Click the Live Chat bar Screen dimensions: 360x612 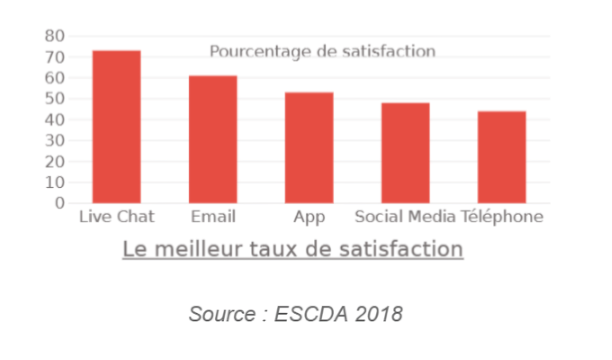coord(116,127)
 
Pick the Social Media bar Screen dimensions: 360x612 coord(405,153)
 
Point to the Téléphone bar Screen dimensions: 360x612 coord(501,157)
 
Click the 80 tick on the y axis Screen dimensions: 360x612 coord(55,36)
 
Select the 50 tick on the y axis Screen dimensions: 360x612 coord(55,99)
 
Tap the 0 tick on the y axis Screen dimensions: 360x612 coord(60,203)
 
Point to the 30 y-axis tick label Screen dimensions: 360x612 coord(55,141)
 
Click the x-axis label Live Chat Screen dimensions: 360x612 coord(116,217)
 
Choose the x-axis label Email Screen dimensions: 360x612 coord(213,217)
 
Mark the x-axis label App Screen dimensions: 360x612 coord(309,217)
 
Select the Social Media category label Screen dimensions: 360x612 coord(405,217)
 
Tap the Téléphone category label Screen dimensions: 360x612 coord(502,217)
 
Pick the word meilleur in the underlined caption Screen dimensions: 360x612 coord(194,249)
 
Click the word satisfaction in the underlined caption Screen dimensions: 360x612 coord(409,249)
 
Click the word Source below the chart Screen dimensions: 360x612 coord(221,314)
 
